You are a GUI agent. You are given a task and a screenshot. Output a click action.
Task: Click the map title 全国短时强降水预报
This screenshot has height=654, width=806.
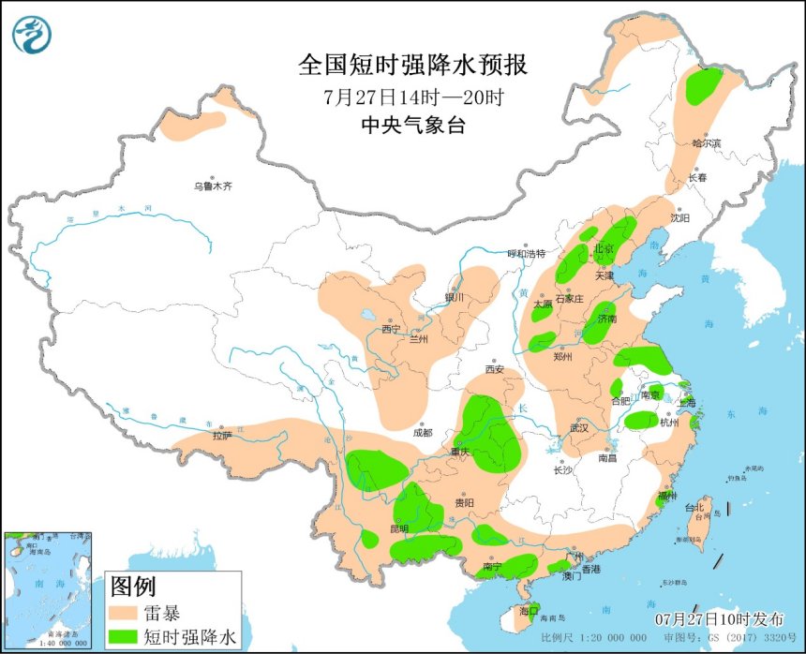(412, 65)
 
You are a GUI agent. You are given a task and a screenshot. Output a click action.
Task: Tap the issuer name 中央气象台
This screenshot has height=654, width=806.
(412, 126)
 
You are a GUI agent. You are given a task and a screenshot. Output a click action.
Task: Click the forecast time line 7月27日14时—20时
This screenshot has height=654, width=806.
(412, 97)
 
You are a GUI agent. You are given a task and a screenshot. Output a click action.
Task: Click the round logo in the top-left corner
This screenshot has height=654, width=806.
(32, 34)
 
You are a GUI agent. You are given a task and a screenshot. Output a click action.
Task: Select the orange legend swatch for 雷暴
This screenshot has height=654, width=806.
(125, 614)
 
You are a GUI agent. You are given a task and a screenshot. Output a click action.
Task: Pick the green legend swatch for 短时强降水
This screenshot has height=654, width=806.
(125, 637)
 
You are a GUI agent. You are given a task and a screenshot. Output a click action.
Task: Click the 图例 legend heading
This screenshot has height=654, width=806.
(132, 588)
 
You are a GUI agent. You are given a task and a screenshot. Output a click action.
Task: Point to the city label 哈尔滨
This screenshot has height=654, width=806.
(708, 143)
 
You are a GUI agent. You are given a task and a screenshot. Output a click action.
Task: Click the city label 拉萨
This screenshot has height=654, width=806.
(221, 435)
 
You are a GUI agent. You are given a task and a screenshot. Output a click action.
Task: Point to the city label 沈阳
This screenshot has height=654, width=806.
(679, 217)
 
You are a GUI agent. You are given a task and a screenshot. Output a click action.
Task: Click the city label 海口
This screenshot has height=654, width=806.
(530, 610)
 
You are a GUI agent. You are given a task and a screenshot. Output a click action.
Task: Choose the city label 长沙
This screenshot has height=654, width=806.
(562, 469)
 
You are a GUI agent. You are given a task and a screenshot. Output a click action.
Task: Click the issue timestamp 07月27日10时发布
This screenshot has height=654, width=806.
(718, 619)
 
